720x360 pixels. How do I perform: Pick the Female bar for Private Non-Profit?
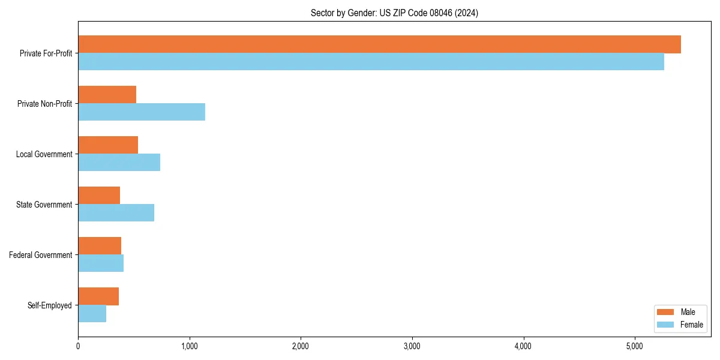click(x=142, y=112)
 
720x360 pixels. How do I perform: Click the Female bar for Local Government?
click(x=119, y=163)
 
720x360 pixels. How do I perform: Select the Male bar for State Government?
click(x=99, y=196)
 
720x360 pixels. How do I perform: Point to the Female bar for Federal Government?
click(x=101, y=263)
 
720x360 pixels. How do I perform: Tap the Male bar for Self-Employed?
click(x=98, y=296)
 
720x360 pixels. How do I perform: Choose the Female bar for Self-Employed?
click(x=92, y=314)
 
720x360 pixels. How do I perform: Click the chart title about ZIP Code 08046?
click(x=394, y=13)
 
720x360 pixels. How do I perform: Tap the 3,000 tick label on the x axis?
click(x=412, y=346)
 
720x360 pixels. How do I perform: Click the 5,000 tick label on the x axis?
click(x=635, y=346)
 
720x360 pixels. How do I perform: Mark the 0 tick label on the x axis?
click(x=78, y=346)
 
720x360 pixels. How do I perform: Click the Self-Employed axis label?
click(x=50, y=305)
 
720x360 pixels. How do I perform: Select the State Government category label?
click(x=44, y=205)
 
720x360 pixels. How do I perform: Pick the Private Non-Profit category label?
click(x=45, y=104)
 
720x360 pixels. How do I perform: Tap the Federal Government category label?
click(x=41, y=255)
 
